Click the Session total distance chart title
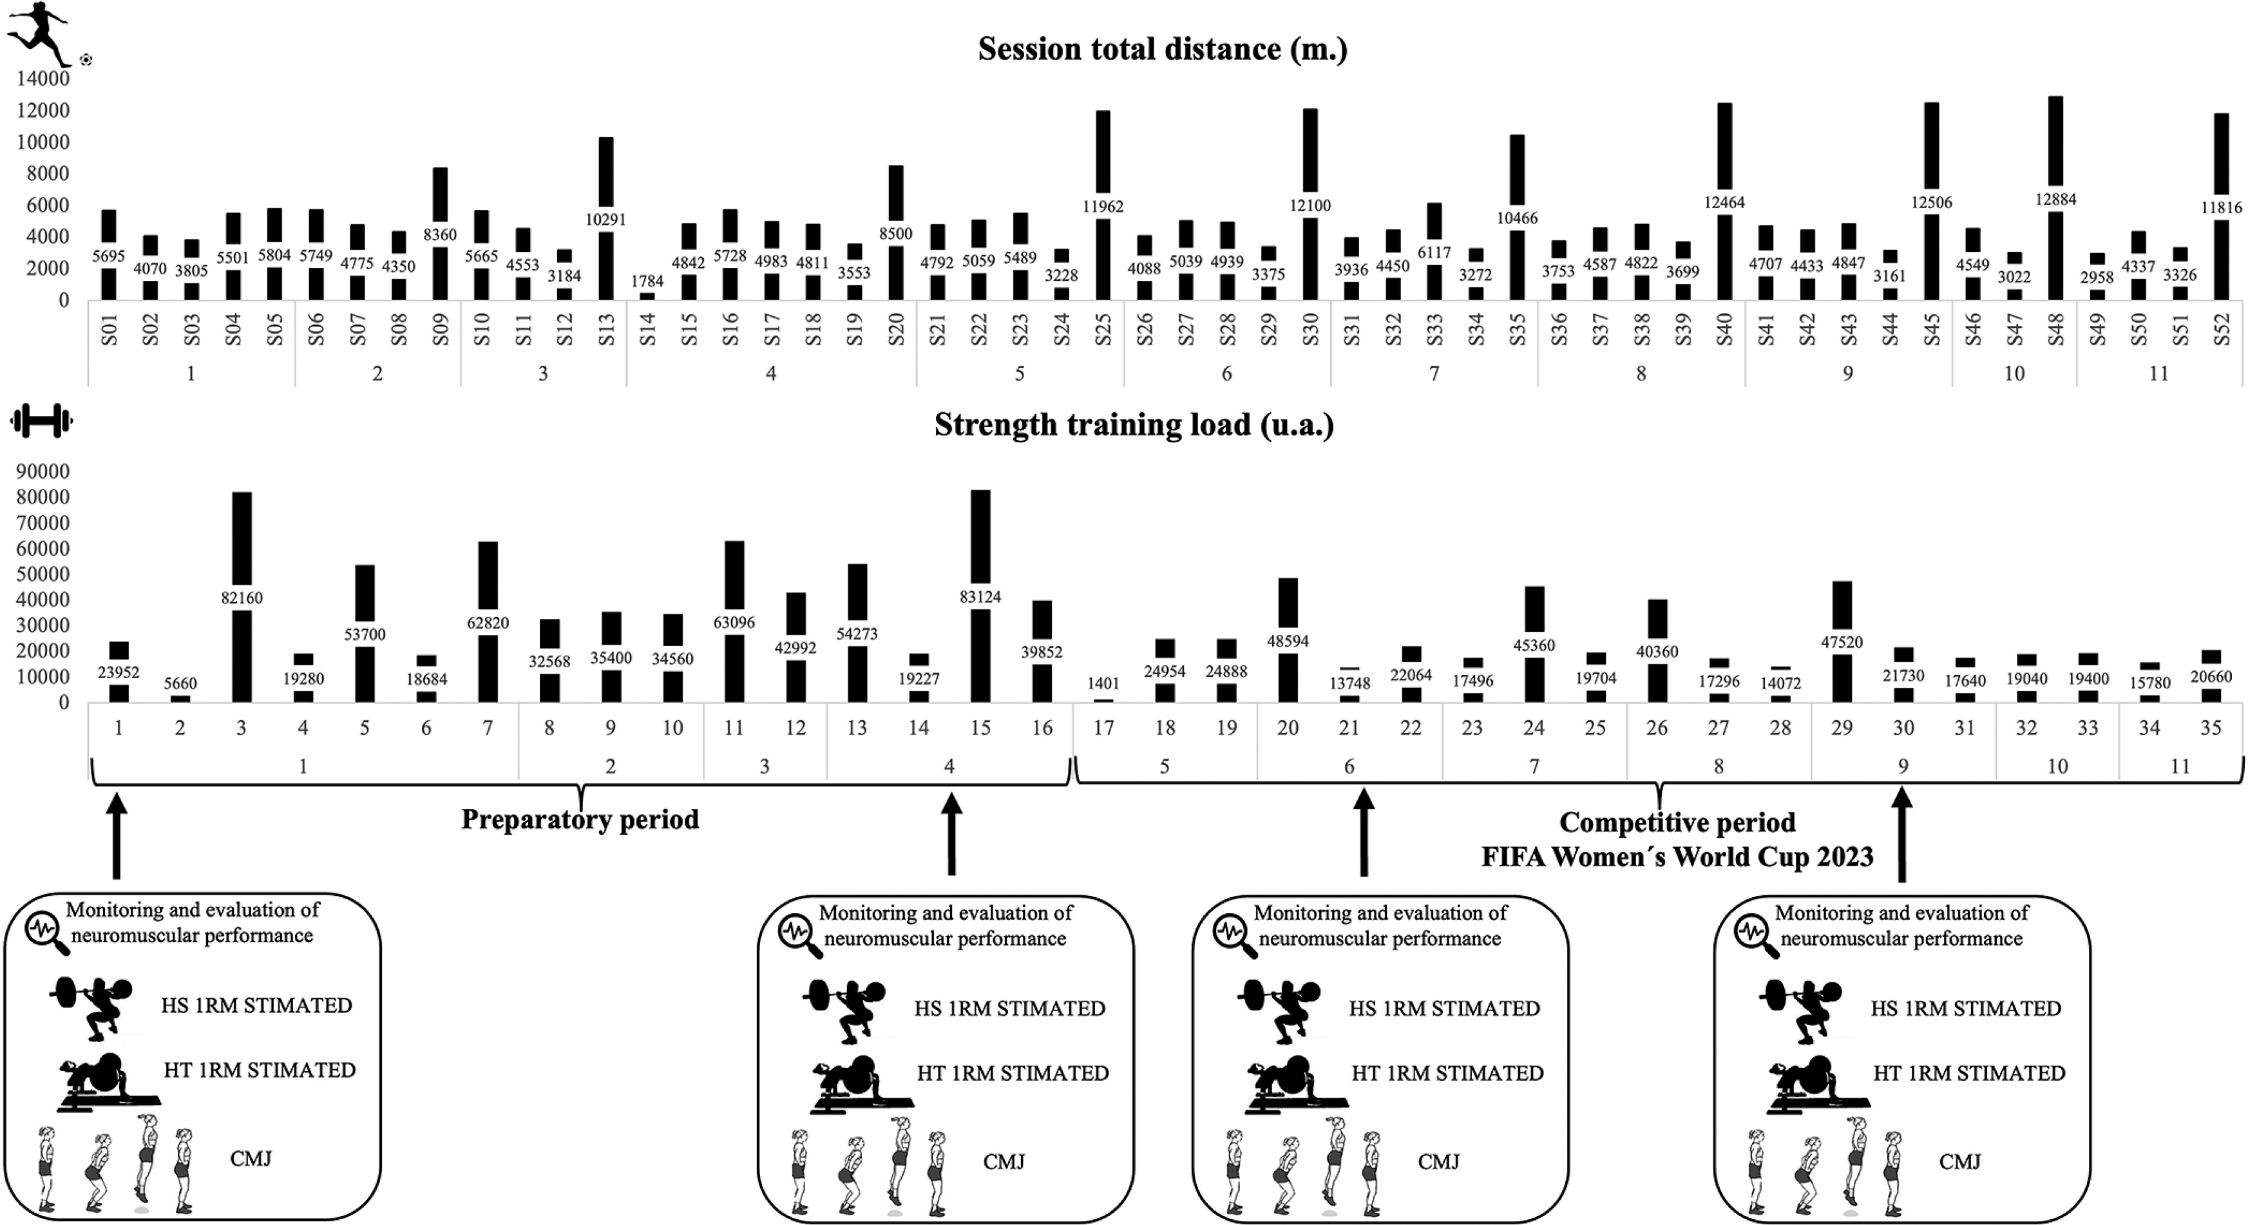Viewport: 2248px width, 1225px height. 1163,49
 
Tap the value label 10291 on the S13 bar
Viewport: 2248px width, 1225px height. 605,220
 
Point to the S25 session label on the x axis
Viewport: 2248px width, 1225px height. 1103,330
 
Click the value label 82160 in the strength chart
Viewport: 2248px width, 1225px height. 242,598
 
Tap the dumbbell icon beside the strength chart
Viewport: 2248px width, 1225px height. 41,421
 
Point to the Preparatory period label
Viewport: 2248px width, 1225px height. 580,820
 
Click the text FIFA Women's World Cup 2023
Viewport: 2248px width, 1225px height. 1677,857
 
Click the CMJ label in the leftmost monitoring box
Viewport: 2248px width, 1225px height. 251,1159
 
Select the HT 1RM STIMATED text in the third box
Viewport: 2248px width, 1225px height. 1447,1073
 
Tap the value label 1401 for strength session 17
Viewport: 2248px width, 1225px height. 1103,684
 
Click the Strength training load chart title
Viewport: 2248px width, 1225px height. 1134,425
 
